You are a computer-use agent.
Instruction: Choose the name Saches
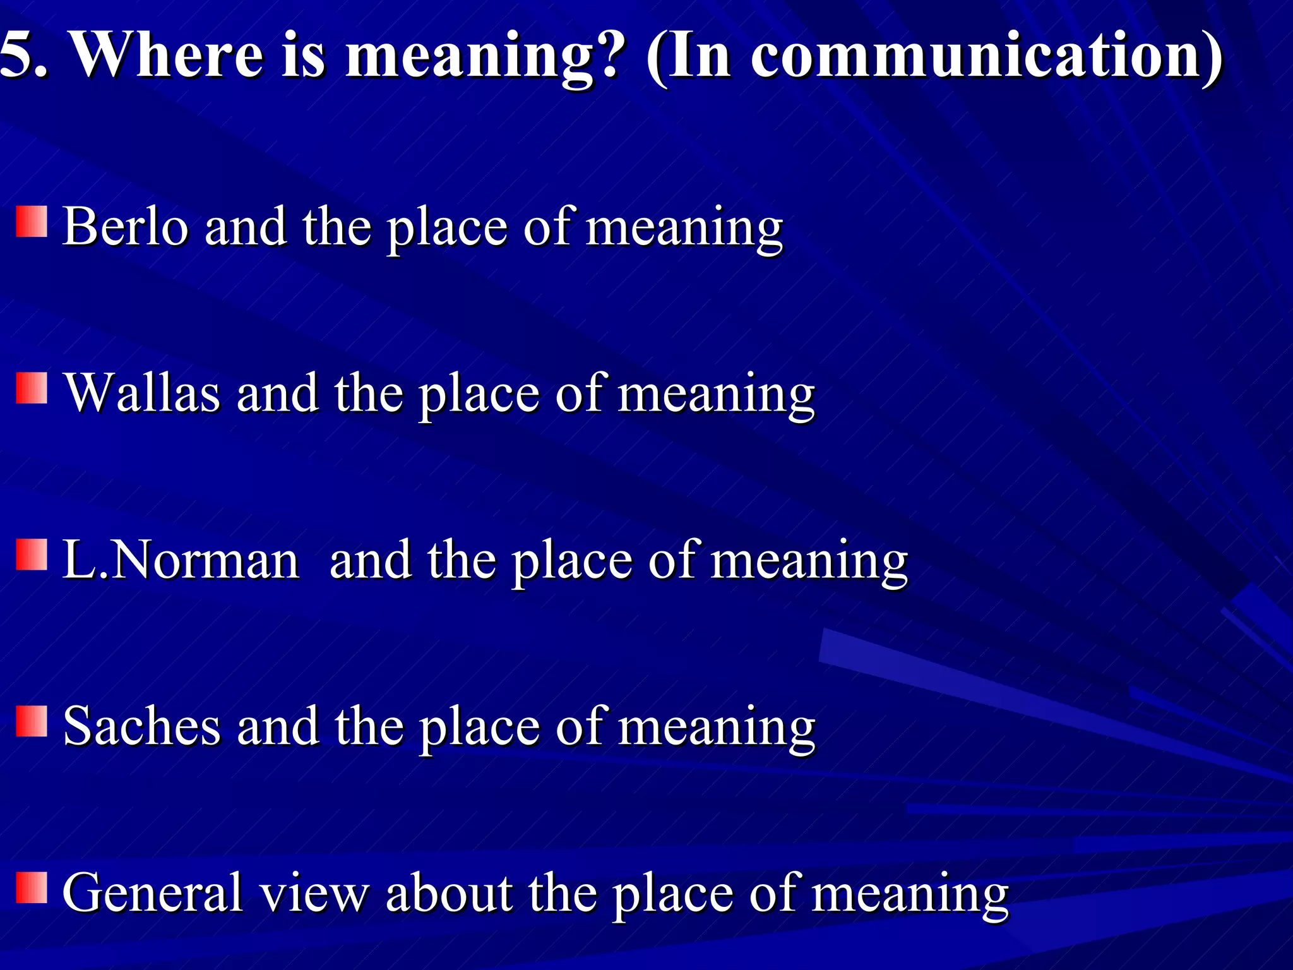(142, 726)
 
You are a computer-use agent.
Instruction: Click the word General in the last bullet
(152, 893)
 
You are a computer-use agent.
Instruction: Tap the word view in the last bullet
(314, 893)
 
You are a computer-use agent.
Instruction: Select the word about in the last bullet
(449, 893)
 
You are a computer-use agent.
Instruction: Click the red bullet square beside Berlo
(32, 221)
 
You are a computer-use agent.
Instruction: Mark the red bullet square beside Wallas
(32, 388)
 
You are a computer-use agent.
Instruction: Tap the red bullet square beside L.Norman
(32, 554)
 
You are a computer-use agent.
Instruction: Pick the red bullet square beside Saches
(32, 721)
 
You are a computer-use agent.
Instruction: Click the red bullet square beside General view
(32, 888)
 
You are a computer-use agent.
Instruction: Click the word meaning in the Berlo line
(684, 229)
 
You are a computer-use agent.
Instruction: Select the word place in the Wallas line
(479, 395)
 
